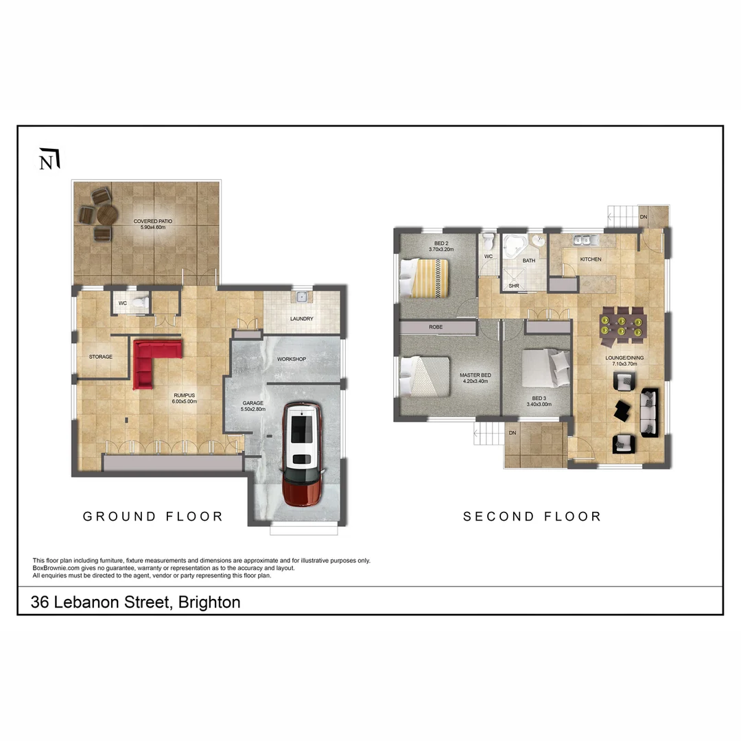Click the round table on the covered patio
[x=108, y=215]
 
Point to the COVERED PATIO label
[x=152, y=222]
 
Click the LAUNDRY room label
[x=301, y=319]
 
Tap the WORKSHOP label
[x=291, y=360]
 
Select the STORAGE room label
[x=100, y=357]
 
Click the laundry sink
[x=301, y=297]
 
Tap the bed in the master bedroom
[x=425, y=375]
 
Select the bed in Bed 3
[x=545, y=369]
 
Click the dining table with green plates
[x=622, y=324]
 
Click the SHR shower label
[x=513, y=286]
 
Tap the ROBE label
[x=436, y=327]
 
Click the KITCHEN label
[x=590, y=259]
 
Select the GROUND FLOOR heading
[x=153, y=517]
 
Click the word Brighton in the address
[x=209, y=602]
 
